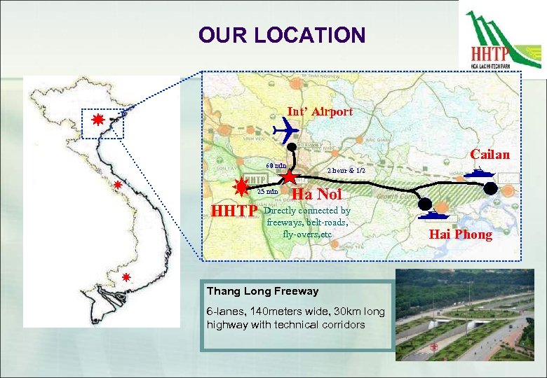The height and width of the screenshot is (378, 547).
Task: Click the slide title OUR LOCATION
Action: (x=281, y=35)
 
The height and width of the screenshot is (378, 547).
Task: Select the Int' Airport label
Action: (x=320, y=111)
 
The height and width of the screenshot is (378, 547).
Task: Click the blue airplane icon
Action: (x=285, y=129)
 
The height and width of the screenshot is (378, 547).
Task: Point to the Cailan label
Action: (x=489, y=154)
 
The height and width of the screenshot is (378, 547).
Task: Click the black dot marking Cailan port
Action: (x=489, y=188)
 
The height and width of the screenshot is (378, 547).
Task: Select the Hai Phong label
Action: (x=461, y=234)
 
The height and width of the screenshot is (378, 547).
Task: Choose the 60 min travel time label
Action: (x=275, y=166)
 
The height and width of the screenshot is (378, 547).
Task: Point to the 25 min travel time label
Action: (x=267, y=191)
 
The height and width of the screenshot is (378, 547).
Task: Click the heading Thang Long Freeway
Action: (x=263, y=291)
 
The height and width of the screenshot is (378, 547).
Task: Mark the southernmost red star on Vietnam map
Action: (x=126, y=277)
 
